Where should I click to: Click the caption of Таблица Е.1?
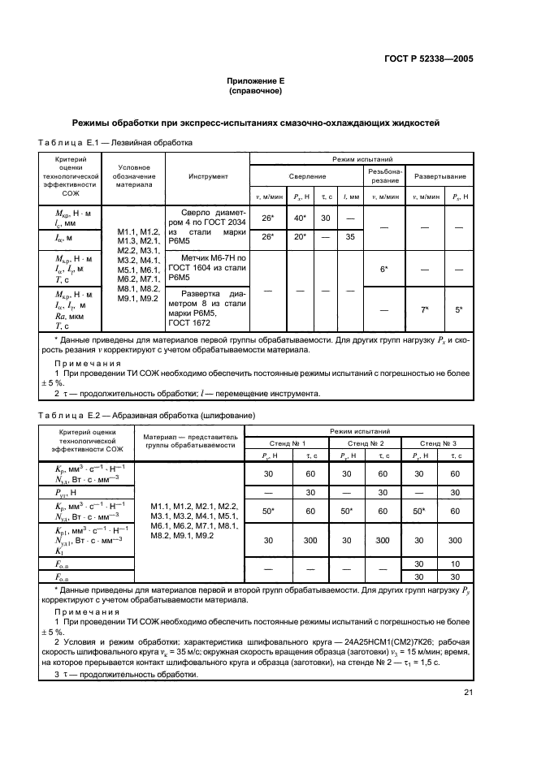pyautogui.click(x=115, y=141)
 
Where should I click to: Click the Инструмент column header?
pyautogui.click(x=208, y=175)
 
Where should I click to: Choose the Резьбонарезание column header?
pyautogui.click(x=383, y=175)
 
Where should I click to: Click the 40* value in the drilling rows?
pyautogui.click(x=299, y=218)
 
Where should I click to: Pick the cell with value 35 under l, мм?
pyautogui.click(x=350, y=237)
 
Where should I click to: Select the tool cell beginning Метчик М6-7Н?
pyautogui.click(x=207, y=267)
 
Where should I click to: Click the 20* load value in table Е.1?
pyautogui.click(x=299, y=237)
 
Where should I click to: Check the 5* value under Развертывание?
pyautogui.click(x=459, y=309)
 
